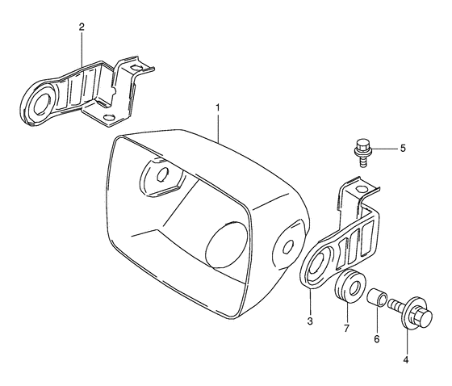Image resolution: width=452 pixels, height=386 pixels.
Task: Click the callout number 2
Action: (x=82, y=27)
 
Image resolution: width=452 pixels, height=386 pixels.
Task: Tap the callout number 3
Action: (x=310, y=321)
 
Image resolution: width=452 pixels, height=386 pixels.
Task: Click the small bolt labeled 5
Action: (x=361, y=150)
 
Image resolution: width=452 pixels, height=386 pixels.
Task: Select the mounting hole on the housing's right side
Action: (x=287, y=247)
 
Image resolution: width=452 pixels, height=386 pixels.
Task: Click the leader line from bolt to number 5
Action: (x=384, y=149)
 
